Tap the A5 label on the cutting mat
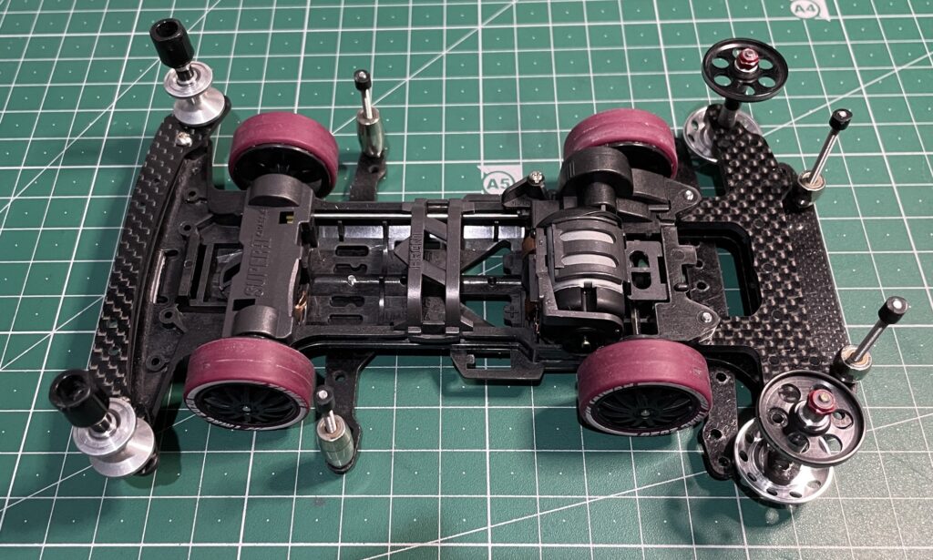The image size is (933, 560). point(497,181)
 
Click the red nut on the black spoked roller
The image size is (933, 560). point(747,60)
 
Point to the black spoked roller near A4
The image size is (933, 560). point(743,69)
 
